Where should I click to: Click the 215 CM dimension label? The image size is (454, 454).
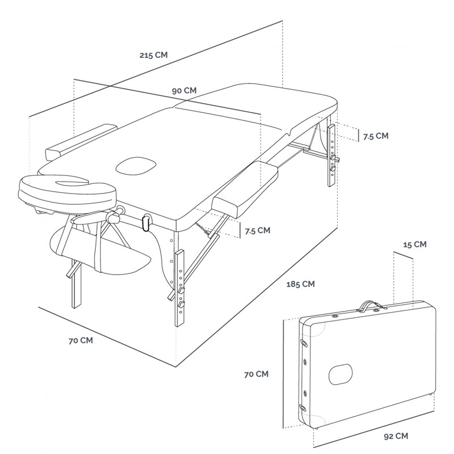point(153,55)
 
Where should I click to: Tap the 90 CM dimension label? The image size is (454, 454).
point(185,90)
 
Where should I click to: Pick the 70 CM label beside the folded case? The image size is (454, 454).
point(256,374)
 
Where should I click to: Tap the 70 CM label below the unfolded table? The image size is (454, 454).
point(80,340)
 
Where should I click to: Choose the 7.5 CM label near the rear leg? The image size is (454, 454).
point(375,136)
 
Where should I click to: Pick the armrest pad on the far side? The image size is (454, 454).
point(81,141)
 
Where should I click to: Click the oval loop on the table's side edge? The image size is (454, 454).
point(147,223)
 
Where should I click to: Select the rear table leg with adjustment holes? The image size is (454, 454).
point(331,156)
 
